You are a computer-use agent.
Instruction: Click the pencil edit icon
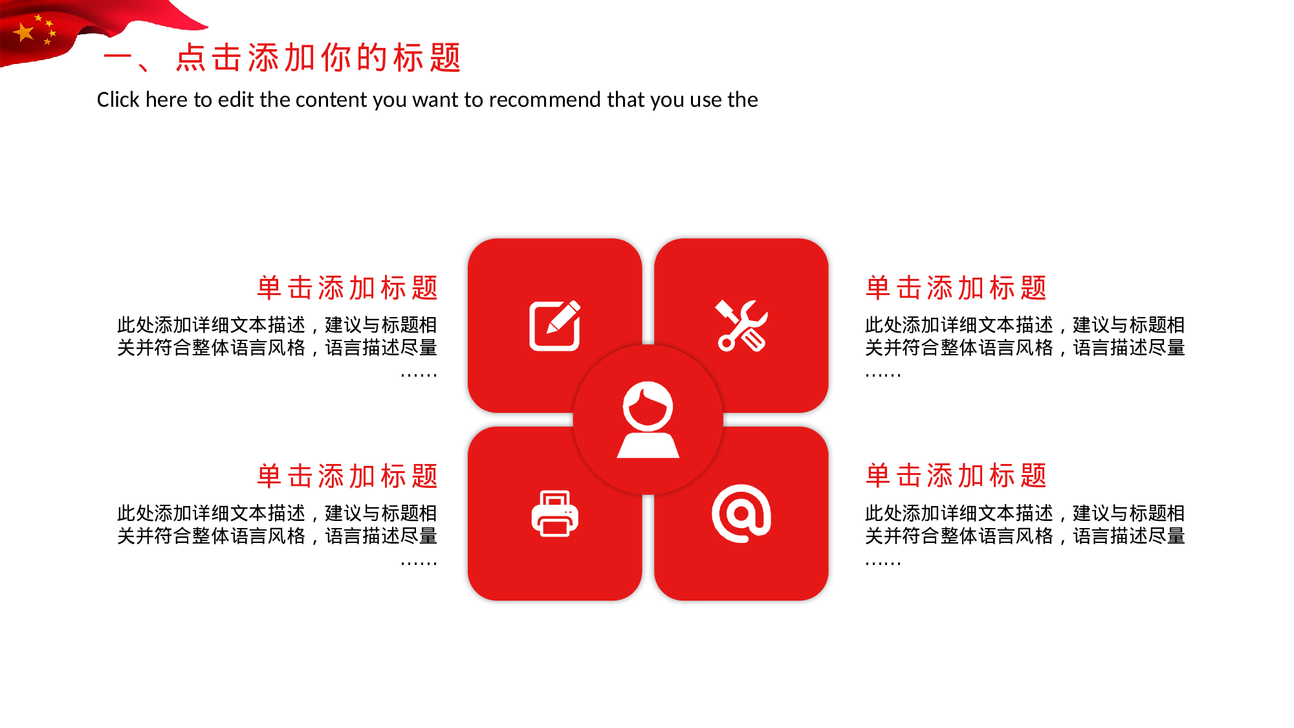(554, 325)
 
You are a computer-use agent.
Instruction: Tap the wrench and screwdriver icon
(741, 325)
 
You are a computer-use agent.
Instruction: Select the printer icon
(554, 514)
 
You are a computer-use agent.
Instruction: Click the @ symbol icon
(741, 513)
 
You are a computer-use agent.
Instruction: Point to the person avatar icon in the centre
(648, 420)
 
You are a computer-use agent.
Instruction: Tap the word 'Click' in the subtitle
(118, 100)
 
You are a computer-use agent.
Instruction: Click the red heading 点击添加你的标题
(319, 58)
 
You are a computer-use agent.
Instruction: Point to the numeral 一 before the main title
(118, 57)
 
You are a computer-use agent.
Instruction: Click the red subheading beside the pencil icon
(347, 288)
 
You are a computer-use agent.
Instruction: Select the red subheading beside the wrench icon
(956, 288)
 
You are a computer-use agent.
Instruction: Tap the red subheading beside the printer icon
(347, 476)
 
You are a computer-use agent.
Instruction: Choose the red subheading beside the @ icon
(956, 476)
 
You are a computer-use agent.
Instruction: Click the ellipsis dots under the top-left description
(419, 374)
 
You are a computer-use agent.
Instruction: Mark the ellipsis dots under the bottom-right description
(883, 563)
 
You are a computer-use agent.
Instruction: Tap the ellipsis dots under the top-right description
(883, 374)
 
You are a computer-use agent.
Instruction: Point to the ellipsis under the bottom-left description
(419, 563)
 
